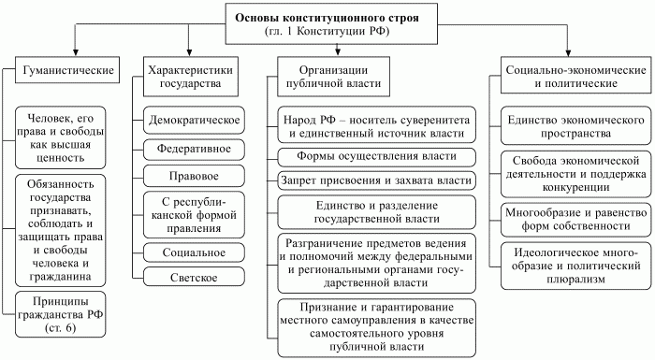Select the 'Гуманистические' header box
coord(64,70)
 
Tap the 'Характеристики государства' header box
coord(190,77)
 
